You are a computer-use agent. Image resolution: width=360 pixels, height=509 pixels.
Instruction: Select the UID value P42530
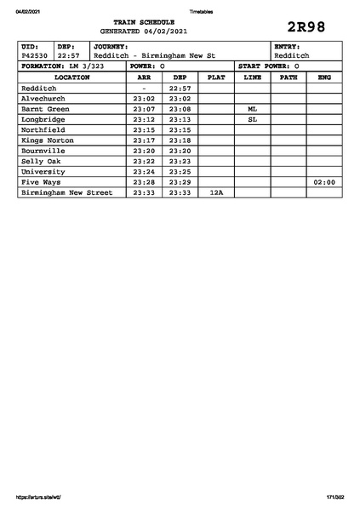click(34, 55)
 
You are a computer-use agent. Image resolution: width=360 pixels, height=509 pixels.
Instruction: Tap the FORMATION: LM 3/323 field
click(63, 66)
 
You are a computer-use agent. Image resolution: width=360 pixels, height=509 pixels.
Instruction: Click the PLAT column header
click(216, 77)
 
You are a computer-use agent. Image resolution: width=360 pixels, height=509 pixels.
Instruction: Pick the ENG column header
click(324, 77)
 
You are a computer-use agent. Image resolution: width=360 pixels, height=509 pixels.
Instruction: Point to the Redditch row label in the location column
click(39, 88)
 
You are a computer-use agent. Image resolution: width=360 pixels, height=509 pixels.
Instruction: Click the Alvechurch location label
click(43, 98)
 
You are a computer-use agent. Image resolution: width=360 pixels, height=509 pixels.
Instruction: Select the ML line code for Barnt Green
click(252, 109)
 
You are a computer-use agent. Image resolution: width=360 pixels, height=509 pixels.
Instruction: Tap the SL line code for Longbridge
click(252, 119)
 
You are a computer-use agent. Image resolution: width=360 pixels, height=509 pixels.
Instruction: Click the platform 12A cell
click(216, 193)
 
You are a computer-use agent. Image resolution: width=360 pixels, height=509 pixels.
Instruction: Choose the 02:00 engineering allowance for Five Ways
click(324, 182)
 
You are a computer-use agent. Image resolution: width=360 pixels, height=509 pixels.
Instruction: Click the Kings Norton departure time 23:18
click(180, 140)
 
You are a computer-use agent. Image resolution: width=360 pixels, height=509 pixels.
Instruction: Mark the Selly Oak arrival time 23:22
click(144, 161)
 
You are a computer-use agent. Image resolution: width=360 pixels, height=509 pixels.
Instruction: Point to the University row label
click(43, 172)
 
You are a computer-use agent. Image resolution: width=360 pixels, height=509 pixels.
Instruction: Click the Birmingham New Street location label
click(66, 193)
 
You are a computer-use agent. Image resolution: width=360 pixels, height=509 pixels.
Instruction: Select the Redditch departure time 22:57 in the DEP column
click(180, 88)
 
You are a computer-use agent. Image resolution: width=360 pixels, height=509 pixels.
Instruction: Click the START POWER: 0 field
click(268, 66)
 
